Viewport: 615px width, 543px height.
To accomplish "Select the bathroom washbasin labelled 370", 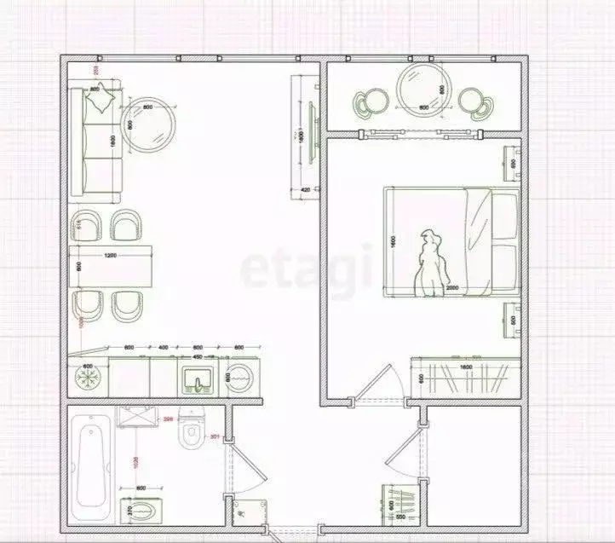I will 141,511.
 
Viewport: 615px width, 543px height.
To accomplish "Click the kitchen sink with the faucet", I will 198,378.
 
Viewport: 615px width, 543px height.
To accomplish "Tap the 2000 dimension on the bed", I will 451,288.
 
